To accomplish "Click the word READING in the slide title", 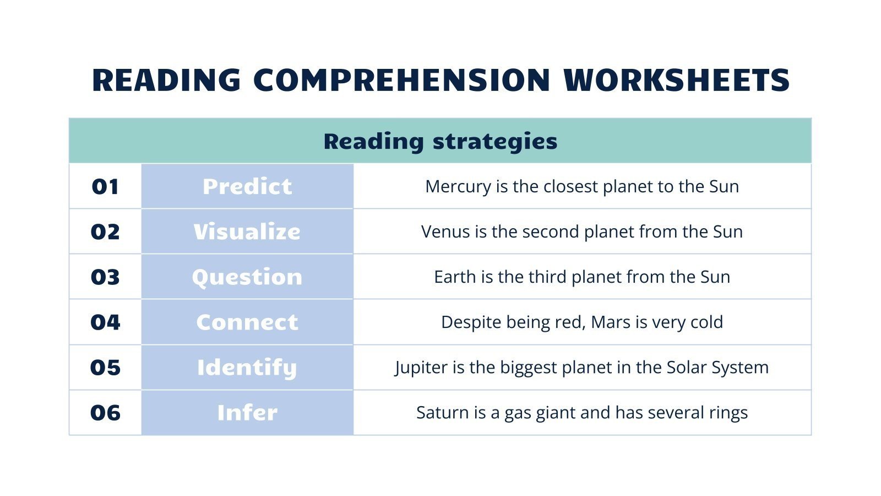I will coord(166,80).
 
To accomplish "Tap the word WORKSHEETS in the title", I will coord(677,80).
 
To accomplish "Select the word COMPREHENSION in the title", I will coord(401,80).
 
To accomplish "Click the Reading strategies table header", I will coord(440,141).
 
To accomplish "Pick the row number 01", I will coord(105,187).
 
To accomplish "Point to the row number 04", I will coord(105,322).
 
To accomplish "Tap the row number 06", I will coord(105,413).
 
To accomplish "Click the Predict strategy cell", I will coord(247,187).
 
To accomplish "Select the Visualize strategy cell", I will coord(247,232).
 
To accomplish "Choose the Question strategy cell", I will coord(247,277).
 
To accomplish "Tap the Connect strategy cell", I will coord(247,322).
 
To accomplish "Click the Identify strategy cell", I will coord(247,368).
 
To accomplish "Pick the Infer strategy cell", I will coord(247,413).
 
